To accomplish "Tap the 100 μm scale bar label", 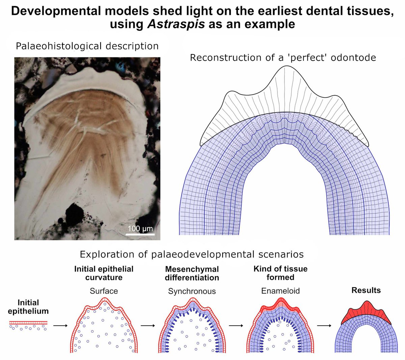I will click(x=140, y=228).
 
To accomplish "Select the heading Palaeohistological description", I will click(x=87, y=46).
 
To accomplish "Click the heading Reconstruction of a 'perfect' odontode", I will click(x=283, y=58).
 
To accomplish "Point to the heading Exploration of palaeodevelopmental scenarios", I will click(x=192, y=254).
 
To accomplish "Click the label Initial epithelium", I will click(x=28, y=307).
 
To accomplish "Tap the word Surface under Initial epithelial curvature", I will click(x=104, y=291).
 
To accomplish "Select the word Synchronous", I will click(x=192, y=291).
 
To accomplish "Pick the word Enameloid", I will click(x=280, y=291).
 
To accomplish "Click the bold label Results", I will click(x=366, y=290).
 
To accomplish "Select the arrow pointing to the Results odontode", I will click(x=324, y=326).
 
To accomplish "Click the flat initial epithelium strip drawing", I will click(x=28, y=323).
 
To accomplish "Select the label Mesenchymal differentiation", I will click(x=192, y=273).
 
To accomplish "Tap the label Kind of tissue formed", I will click(x=280, y=273).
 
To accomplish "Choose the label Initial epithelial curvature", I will click(x=104, y=273).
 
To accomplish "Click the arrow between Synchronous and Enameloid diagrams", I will click(x=236, y=326).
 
